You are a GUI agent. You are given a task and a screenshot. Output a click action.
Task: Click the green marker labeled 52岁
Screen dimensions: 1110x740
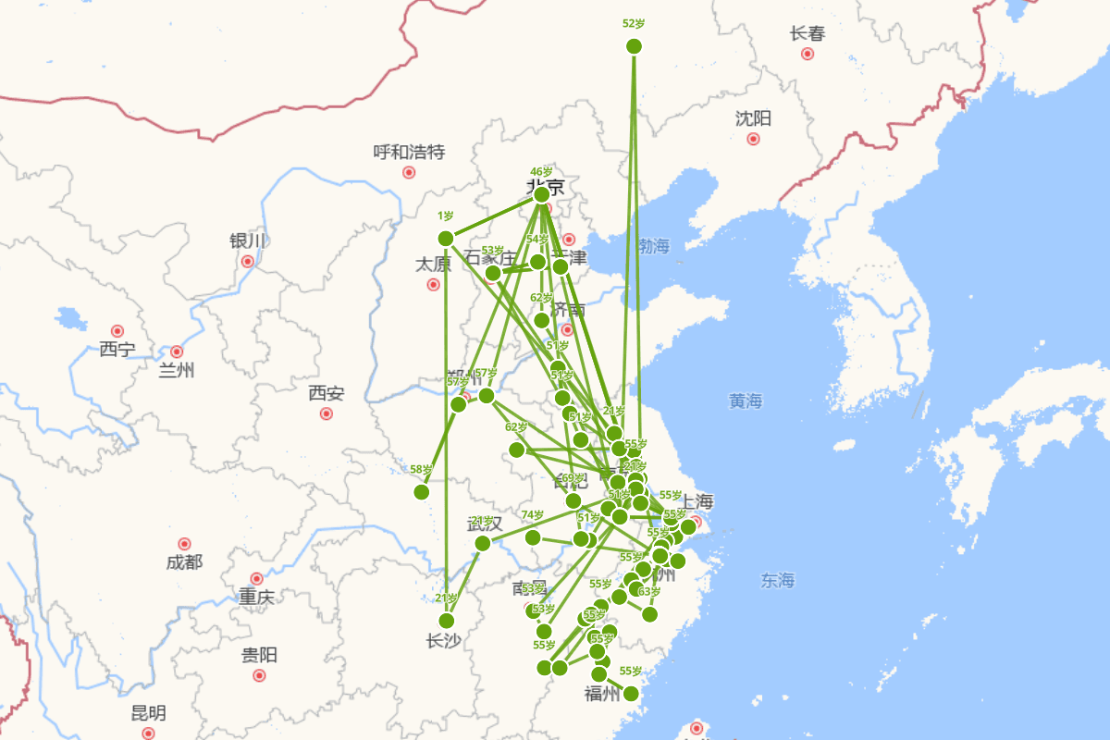pyautogui.click(x=634, y=46)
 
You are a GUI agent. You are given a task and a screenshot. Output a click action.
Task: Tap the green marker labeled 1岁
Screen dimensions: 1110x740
pyautogui.click(x=446, y=238)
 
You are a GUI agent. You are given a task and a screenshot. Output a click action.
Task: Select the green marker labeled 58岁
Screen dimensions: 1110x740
pyautogui.click(x=422, y=491)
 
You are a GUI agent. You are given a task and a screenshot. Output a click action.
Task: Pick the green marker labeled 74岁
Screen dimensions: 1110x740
pyautogui.click(x=533, y=537)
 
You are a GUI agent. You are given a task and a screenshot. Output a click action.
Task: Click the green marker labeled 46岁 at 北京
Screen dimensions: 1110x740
pyautogui.click(x=542, y=194)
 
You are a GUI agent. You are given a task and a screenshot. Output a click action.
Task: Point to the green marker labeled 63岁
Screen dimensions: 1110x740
pyautogui.click(x=649, y=614)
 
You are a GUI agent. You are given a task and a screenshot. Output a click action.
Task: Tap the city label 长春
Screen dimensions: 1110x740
pyautogui.click(x=807, y=34)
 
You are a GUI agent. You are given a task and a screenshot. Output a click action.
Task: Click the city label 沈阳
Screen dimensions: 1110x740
pyautogui.click(x=753, y=118)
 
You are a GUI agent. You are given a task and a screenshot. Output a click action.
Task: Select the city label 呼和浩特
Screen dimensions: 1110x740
pyautogui.click(x=409, y=152)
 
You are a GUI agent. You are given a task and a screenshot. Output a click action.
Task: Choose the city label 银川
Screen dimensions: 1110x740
pyautogui.click(x=247, y=241)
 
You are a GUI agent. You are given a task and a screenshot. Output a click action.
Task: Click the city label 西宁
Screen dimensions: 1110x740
pyautogui.click(x=117, y=350)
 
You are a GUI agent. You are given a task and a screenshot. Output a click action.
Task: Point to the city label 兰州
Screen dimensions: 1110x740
pyautogui.click(x=177, y=371)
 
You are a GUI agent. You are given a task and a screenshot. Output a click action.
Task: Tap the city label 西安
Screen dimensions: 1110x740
pyautogui.click(x=326, y=394)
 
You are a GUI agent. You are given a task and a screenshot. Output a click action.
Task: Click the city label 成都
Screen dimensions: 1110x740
pyautogui.click(x=184, y=562)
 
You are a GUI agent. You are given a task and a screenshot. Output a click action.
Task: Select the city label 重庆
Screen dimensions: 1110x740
pyautogui.click(x=256, y=598)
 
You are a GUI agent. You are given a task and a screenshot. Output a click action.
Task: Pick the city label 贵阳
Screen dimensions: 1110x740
pyautogui.click(x=259, y=656)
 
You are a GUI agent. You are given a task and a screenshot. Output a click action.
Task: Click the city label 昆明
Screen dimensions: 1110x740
pyautogui.click(x=148, y=713)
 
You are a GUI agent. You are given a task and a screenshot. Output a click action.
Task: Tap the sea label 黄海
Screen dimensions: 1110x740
pyautogui.click(x=746, y=401)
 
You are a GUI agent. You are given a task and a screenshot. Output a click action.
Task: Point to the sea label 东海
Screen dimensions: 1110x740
pyautogui.click(x=778, y=581)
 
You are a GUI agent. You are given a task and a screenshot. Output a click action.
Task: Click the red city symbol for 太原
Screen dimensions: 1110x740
pyautogui.click(x=433, y=285)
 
